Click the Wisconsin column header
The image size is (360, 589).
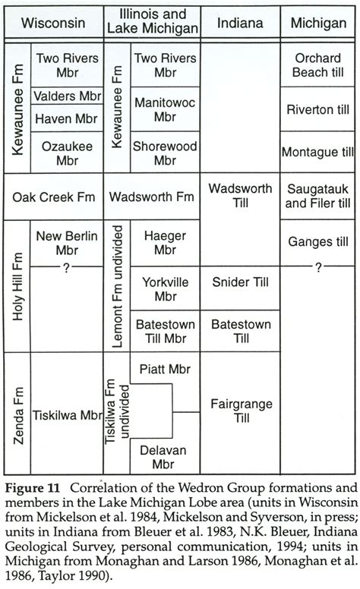coord(52,23)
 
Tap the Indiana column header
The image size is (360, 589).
coord(240,23)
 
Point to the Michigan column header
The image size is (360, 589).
coord(318,23)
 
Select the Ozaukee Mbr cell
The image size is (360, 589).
coord(67,153)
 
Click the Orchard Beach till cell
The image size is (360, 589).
coord(318,65)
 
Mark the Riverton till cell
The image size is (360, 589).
coord(318,109)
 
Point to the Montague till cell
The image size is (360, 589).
coord(318,153)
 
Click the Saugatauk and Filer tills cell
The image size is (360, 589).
coord(318,197)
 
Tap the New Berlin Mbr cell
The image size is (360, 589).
coord(67,243)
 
